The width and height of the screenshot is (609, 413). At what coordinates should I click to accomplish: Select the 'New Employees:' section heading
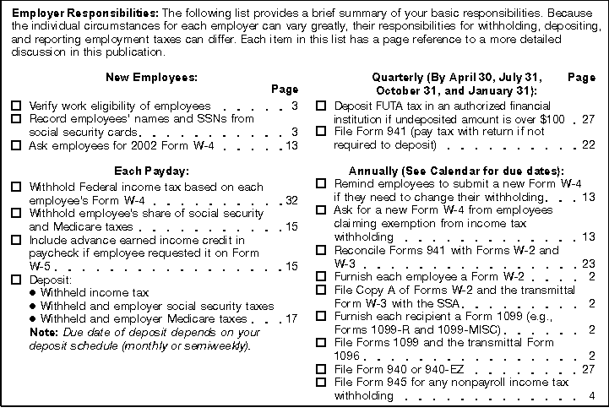pos(151,77)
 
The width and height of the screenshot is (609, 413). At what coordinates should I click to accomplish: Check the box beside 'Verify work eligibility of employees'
pos(17,106)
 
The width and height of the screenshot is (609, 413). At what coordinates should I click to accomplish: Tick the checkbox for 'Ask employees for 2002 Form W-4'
pos(17,145)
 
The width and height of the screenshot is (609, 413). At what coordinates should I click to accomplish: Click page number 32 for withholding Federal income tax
pos(291,200)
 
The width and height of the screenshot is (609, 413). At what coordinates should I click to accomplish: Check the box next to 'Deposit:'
pos(17,279)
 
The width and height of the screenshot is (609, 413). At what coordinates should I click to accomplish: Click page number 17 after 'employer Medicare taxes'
pos(291,318)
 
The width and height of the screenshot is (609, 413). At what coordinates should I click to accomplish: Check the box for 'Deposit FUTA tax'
pos(321,106)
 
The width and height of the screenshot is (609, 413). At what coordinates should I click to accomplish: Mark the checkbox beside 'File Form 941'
pos(321,132)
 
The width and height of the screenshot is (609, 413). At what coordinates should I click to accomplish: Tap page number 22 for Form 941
pos(589,145)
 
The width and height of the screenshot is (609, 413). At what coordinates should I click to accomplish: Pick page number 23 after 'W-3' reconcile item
pos(589,264)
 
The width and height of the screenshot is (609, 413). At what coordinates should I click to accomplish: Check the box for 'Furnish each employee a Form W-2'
pos(321,276)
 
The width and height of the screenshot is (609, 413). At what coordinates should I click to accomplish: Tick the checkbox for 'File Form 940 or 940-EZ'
pos(321,369)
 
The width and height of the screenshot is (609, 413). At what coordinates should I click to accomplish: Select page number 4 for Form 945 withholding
pos(592,395)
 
